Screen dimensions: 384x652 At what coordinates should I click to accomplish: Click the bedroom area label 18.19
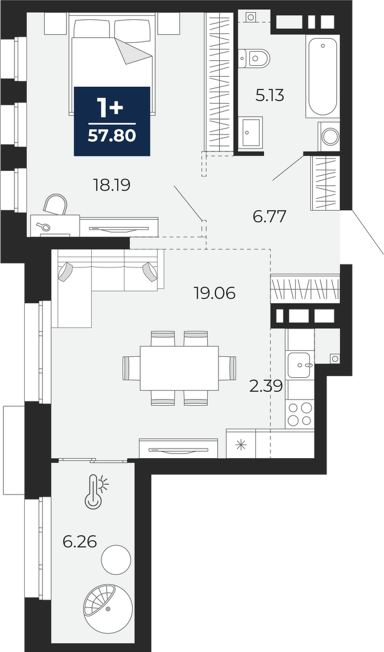click(x=112, y=185)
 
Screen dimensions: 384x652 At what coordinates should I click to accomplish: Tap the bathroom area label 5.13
click(x=269, y=95)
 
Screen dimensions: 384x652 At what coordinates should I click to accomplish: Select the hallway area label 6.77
click(x=270, y=216)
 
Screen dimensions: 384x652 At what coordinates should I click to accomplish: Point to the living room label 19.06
click(x=215, y=293)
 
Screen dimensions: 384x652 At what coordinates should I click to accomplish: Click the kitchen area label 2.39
click(x=266, y=386)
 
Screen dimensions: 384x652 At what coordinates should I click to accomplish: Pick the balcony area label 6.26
click(x=80, y=542)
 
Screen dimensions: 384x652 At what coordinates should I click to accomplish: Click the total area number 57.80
click(x=112, y=136)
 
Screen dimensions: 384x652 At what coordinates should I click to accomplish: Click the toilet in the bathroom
click(x=254, y=57)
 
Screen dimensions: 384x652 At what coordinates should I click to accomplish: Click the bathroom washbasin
click(x=251, y=132)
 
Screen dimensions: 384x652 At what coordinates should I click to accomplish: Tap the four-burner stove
click(x=300, y=414)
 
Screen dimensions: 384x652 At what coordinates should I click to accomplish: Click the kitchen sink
click(x=299, y=365)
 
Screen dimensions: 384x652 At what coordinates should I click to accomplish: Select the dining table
click(x=179, y=368)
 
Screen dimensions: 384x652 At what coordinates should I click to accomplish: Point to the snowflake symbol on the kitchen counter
click(x=240, y=444)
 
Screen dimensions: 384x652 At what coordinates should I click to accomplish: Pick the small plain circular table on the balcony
click(x=117, y=560)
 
